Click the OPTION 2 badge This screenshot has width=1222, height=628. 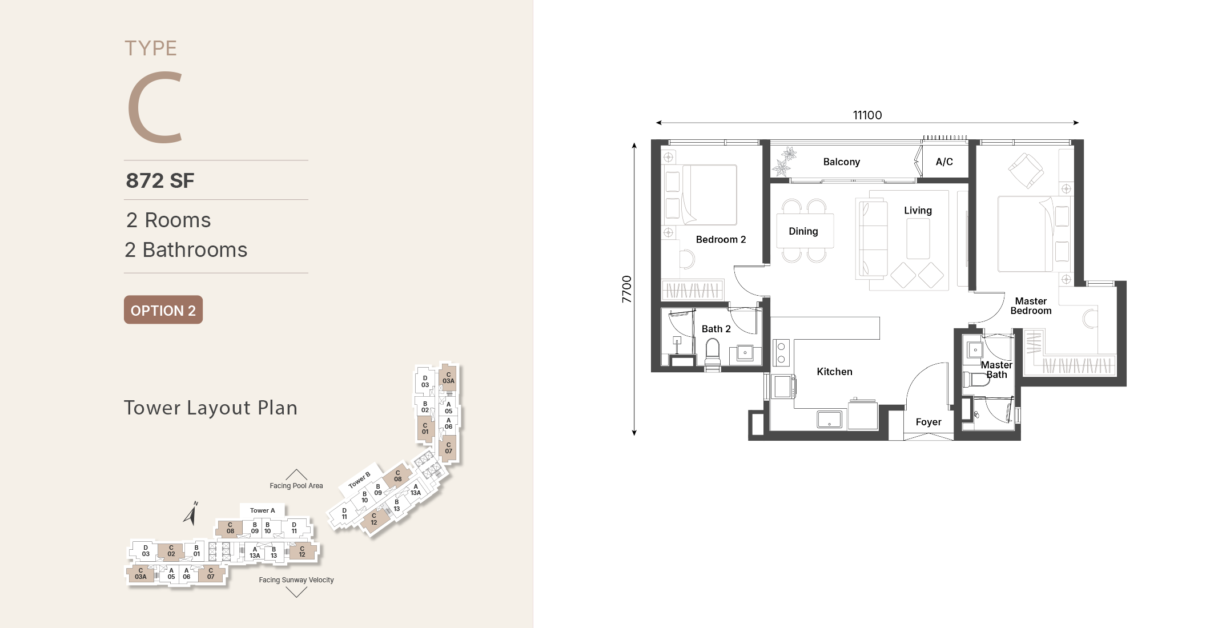coord(163,310)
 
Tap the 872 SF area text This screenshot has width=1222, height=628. coord(160,180)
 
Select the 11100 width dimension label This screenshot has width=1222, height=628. coord(867,115)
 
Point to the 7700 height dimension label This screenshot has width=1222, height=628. coord(627,289)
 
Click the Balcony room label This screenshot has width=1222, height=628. coord(841,162)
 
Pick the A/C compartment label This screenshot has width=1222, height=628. coord(944,162)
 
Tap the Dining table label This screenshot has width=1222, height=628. coord(803,231)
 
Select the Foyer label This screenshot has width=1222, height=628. coord(928,422)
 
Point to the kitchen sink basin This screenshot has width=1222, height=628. coord(829,420)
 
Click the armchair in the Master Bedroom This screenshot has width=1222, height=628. coord(1026,170)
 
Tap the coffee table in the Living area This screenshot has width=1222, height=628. coord(918,239)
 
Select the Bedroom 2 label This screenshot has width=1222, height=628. coord(721,240)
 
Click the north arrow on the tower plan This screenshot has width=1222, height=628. coord(191,513)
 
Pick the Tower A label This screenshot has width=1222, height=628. coord(262,510)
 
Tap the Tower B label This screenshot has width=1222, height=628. coord(359,480)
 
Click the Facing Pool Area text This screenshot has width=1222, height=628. coord(296,486)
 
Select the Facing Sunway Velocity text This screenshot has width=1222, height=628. coord(296,580)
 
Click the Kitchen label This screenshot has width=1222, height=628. coord(834,372)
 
